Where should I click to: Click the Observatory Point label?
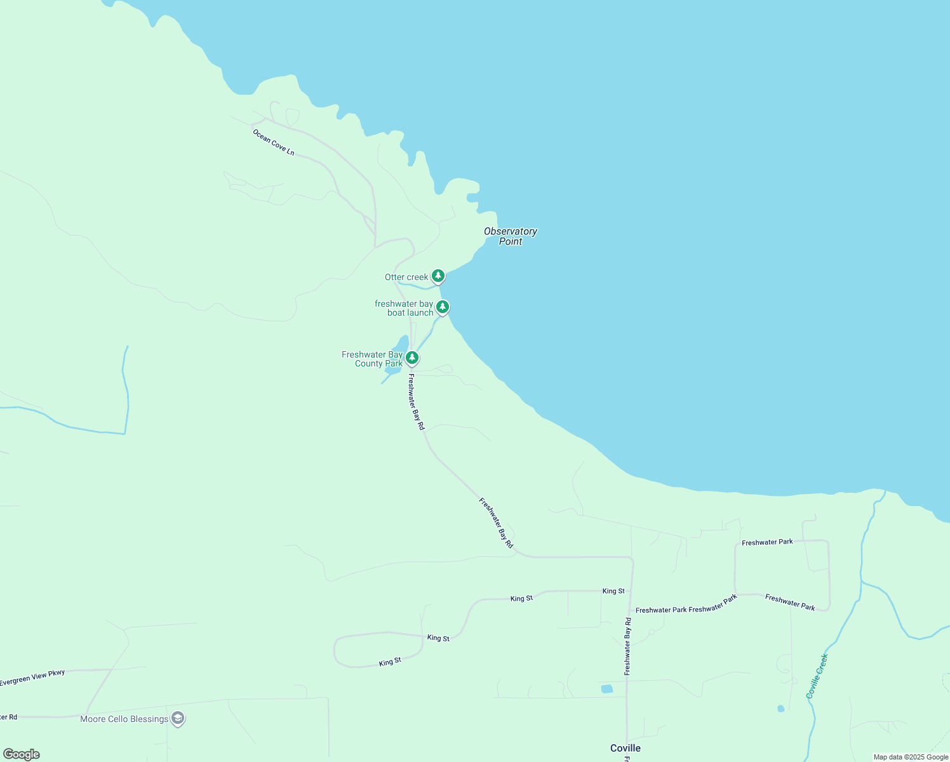[x=511, y=236]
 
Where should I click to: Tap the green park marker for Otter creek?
[x=438, y=276]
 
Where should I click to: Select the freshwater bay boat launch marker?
[x=443, y=307]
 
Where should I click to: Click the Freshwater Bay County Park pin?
[x=412, y=358]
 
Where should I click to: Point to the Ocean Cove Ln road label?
[x=274, y=143]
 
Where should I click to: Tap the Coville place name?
[x=626, y=748]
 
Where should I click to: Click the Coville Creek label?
[x=817, y=676]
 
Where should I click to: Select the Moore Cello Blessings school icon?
[x=178, y=719]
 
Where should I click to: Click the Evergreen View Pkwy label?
[x=32, y=678]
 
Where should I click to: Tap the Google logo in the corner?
[x=21, y=754]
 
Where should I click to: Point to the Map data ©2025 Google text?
[x=911, y=757]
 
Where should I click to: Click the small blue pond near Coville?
[x=607, y=689]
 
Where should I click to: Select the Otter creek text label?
[x=406, y=277]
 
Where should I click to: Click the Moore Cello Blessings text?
[x=124, y=719]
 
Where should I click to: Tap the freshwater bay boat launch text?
[x=405, y=308]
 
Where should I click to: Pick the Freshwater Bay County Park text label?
[x=372, y=359]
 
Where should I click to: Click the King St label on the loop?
[x=390, y=662]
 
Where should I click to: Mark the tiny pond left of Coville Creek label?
[x=780, y=708]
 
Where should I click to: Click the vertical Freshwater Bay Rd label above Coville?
[x=627, y=646]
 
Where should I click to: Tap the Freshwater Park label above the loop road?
[x=767, y=542]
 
